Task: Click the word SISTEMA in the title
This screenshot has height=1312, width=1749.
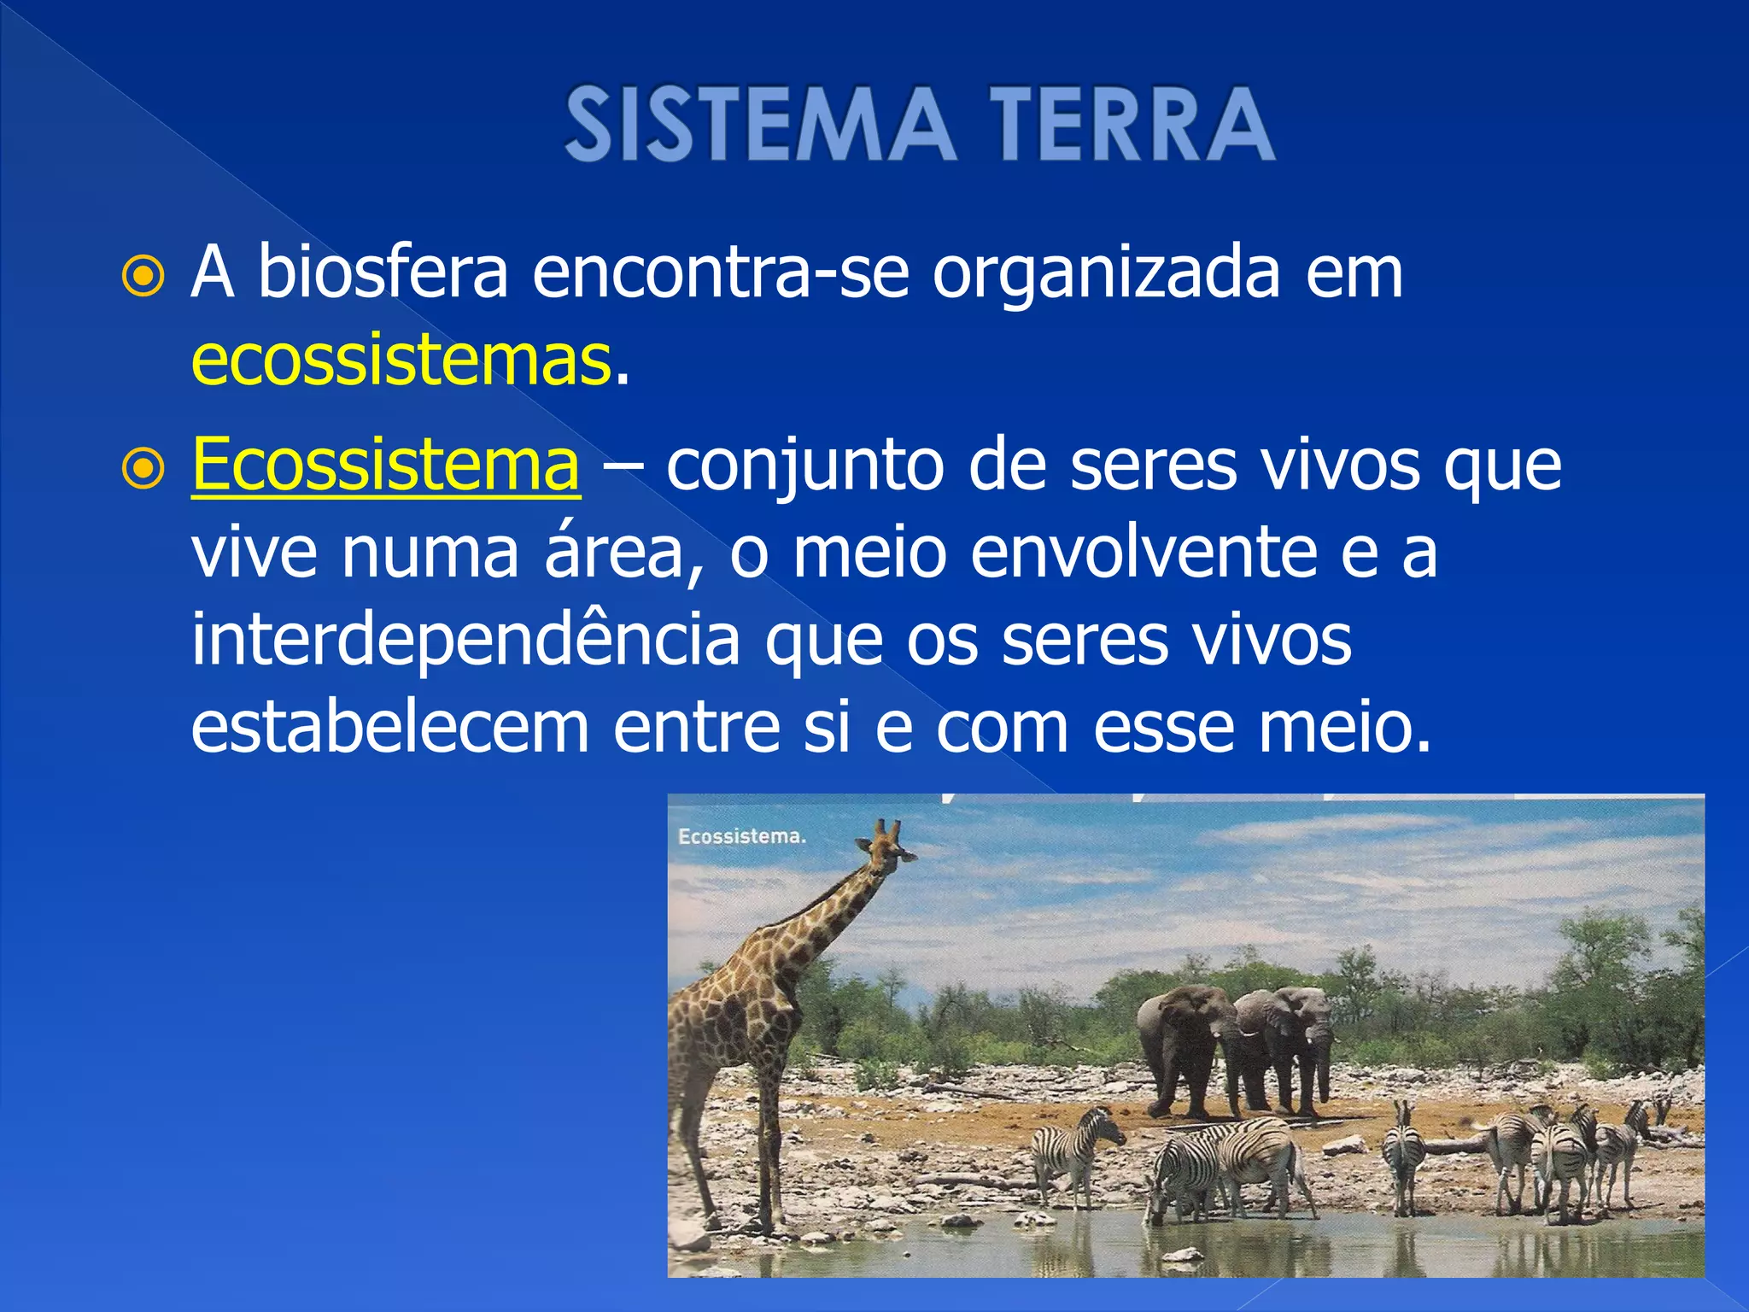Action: (x=759, y=125)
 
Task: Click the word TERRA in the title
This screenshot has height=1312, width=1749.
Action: (x=1132, y=125)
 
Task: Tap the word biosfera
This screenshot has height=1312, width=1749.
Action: (x=383, y=272)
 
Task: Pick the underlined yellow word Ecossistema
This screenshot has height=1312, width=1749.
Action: (x=386, y=466)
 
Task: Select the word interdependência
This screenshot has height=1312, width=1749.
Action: (x=465, y=642)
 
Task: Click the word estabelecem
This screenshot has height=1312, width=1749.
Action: (x=390, y=728)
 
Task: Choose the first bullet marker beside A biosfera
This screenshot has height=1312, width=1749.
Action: (x=143, y=276)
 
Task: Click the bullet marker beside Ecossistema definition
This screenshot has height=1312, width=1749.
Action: (x=143, y=468)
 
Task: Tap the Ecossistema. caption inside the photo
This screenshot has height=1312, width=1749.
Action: (x=741, y=836)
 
